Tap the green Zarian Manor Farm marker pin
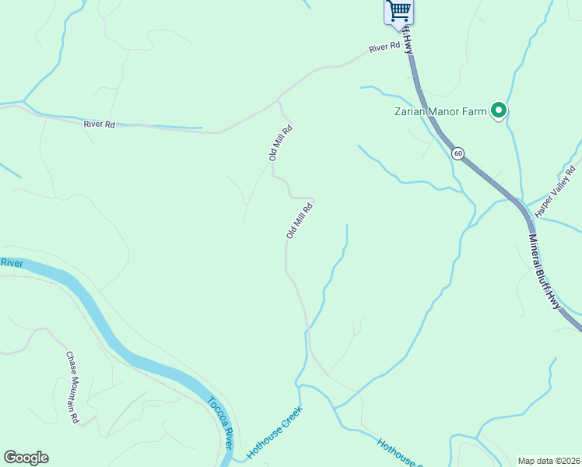(498, 111)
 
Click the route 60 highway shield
(458, 153)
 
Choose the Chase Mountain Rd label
(72, 387)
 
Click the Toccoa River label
(220, 422)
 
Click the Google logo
(26, 458)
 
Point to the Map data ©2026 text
(549, 461)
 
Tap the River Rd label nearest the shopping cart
(384, 47)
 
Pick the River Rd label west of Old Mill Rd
(99, 124)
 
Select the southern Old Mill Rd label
(300, 219)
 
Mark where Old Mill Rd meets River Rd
(279, 100)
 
